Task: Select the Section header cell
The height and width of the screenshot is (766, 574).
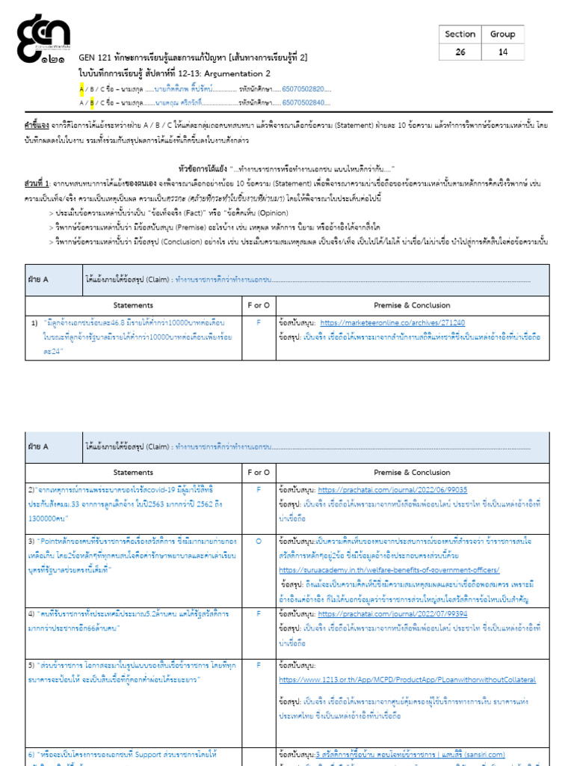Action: [x=460, y=34]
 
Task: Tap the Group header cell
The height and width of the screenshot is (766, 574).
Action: [x=502, y=34]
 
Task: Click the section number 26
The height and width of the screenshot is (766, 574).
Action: [x=460, y=52]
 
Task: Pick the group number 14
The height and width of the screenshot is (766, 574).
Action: [x=502, y=52]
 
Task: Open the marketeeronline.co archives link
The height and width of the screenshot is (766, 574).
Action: [x=392, y=323]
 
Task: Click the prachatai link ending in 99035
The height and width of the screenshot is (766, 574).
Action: [x=392, y=489]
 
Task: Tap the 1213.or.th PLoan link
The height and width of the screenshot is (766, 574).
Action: [x=407, y=679]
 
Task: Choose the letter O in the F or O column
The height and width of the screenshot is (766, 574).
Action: [x=258, y=541]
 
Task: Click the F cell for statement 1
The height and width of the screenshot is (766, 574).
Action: [x=258, y=323]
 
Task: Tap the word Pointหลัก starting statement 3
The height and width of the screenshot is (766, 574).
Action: [x=60, y=541]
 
